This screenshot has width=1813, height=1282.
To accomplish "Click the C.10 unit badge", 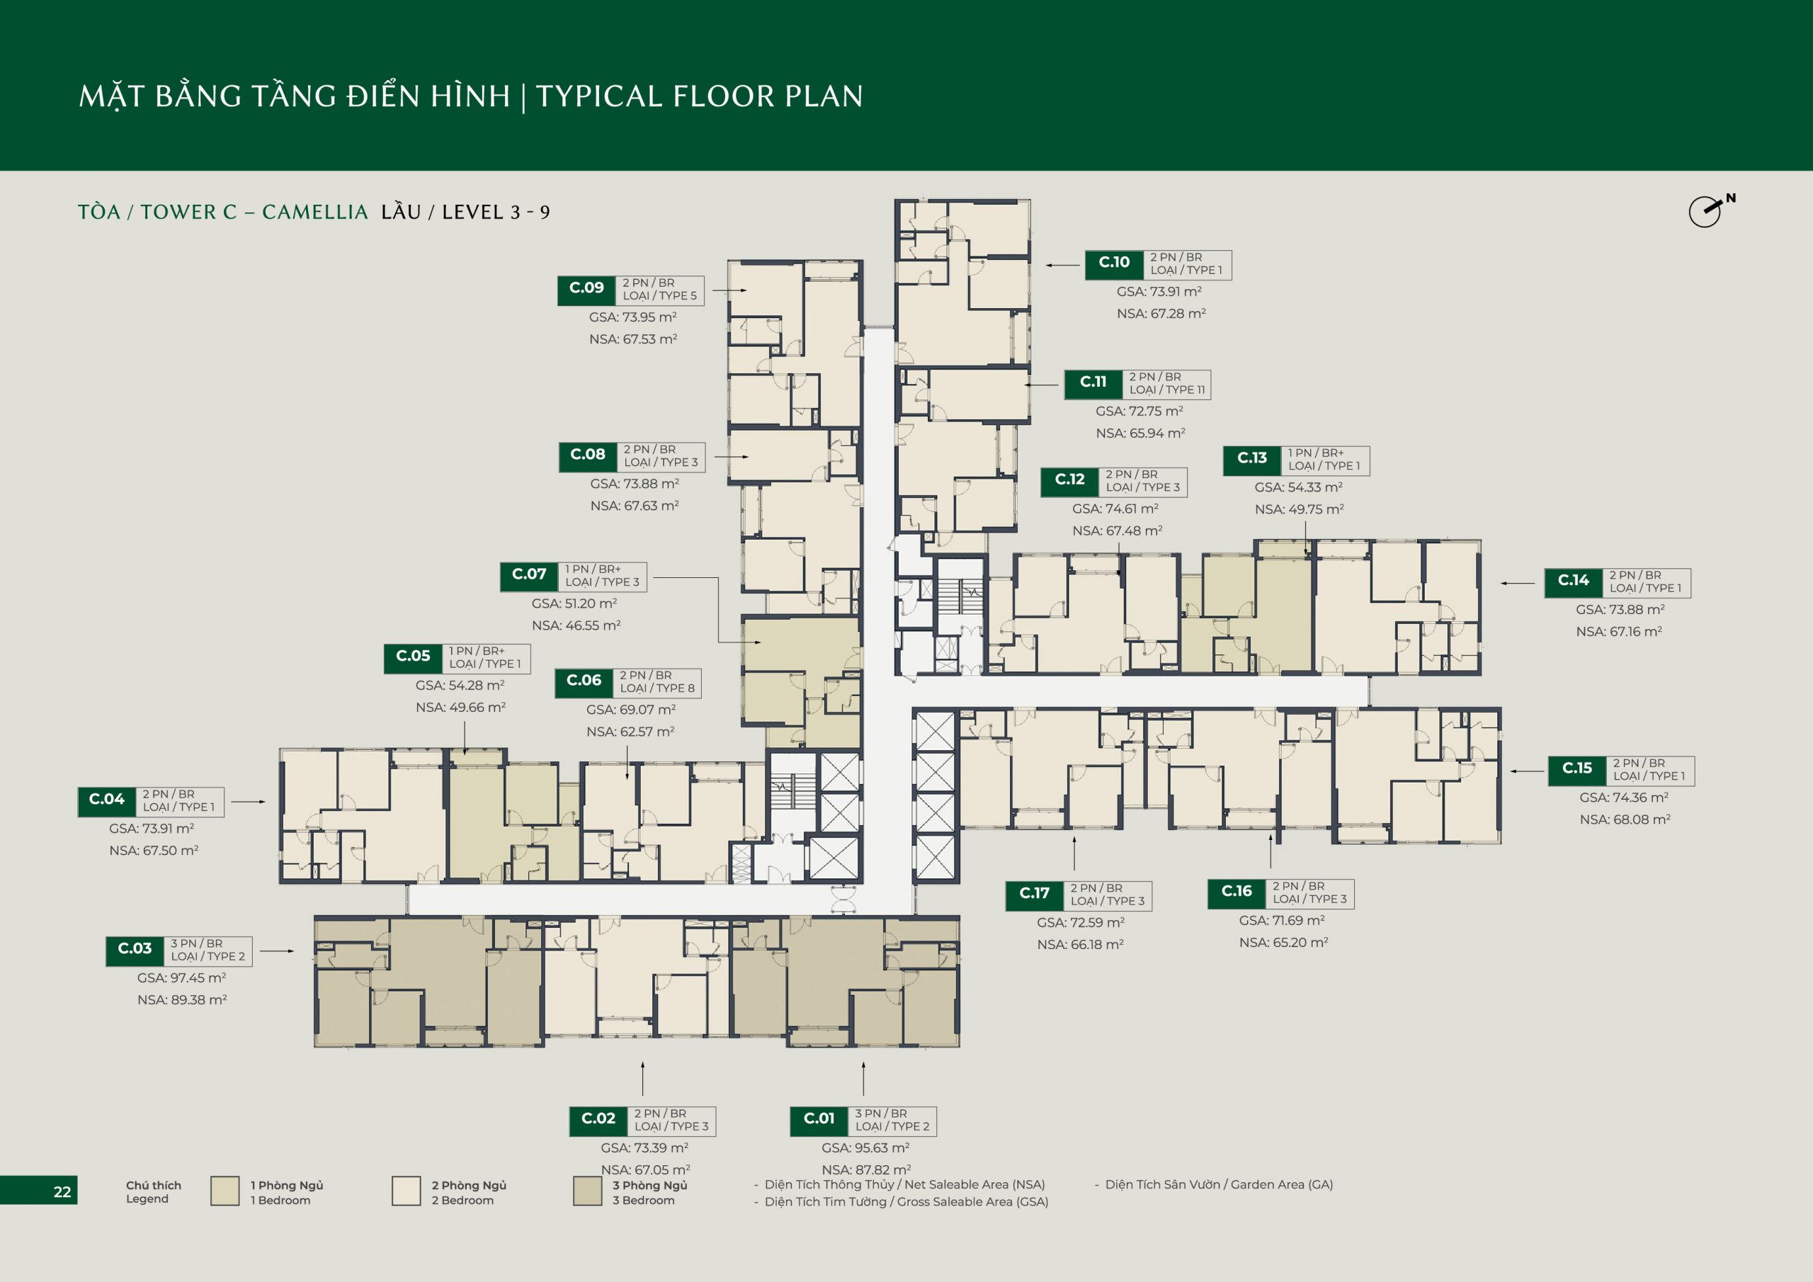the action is [1114, 263].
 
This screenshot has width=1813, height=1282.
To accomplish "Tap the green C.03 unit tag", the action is [135, 951].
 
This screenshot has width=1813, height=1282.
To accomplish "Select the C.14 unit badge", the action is [1573, 582].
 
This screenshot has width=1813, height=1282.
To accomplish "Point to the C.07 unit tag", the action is [529, 576].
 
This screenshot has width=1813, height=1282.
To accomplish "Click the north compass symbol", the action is [1709, 211].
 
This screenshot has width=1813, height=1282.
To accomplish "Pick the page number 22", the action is [62, 1192].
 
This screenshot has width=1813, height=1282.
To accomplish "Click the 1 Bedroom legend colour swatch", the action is [225, 1191].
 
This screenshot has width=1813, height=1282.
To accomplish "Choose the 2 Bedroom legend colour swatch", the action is [406, 1191].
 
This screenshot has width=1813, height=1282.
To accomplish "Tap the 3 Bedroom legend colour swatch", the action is [588, 1191].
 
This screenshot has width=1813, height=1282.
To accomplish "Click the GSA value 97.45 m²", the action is [181, 978].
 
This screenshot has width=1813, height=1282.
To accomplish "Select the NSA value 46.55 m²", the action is [576, 625].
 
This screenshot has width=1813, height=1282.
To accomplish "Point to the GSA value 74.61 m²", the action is [1115, 509].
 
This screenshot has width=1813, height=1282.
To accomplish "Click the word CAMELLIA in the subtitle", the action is [315, 212].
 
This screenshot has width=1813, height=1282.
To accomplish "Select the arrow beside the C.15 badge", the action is [1527, 771].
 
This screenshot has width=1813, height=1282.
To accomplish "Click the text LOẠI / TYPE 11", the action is [1166, 390].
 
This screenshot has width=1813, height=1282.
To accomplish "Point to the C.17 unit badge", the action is [1035, 895].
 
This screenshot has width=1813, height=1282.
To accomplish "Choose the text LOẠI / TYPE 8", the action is [657, 688].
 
